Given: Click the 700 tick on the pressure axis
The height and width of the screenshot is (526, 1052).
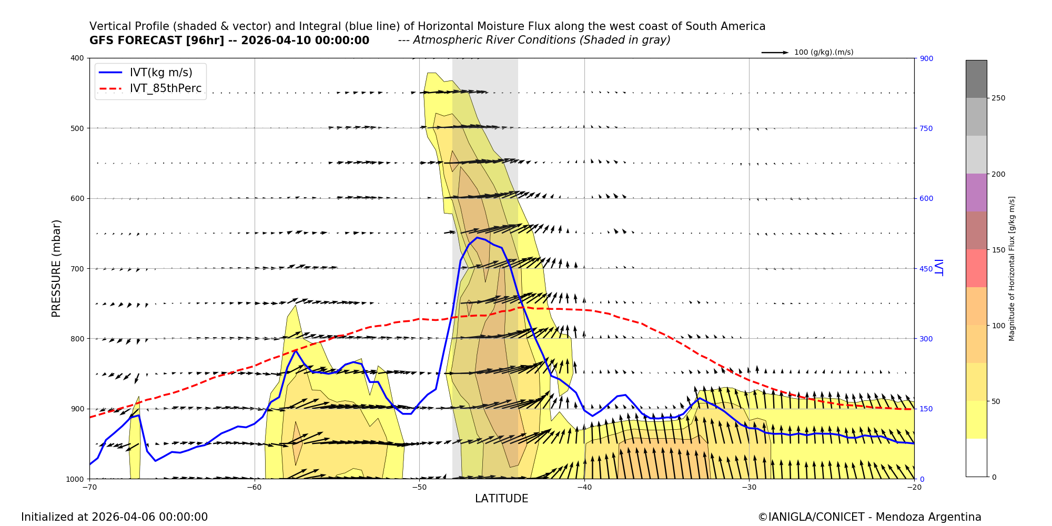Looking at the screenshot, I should (77, 268).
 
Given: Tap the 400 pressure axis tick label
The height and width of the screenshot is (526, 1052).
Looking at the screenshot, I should (77, 58).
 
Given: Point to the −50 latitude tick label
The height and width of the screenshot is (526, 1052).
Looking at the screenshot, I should (419, 487).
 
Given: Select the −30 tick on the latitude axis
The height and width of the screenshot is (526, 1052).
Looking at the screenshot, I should (749, 487).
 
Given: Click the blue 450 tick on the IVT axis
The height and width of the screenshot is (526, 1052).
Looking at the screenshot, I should (926, 269).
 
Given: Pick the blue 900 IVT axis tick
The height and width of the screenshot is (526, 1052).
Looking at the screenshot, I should (926, 58).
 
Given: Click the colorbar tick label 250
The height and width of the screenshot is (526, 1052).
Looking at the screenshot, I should (998, 98).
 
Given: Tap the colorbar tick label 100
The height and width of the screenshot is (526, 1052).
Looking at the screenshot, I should (998, 326).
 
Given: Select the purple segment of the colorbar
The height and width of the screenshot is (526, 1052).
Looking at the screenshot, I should (976, 193).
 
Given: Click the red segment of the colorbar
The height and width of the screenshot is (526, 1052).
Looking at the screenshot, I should (976, 268).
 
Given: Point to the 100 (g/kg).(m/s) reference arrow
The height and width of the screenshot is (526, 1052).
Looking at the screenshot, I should (775, 53).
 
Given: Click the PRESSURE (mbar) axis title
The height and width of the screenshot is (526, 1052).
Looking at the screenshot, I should (56, 268).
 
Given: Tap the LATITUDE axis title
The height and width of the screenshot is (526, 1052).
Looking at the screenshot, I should (501, 499).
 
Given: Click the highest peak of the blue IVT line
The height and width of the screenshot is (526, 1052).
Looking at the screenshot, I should (478, 238).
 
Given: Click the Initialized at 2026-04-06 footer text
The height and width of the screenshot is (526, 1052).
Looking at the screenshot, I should (114, 517).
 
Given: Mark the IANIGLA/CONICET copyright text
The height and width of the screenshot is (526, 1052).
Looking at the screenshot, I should (869, 517).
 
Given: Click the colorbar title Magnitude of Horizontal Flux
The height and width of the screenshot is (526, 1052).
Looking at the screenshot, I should (1011, 268).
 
